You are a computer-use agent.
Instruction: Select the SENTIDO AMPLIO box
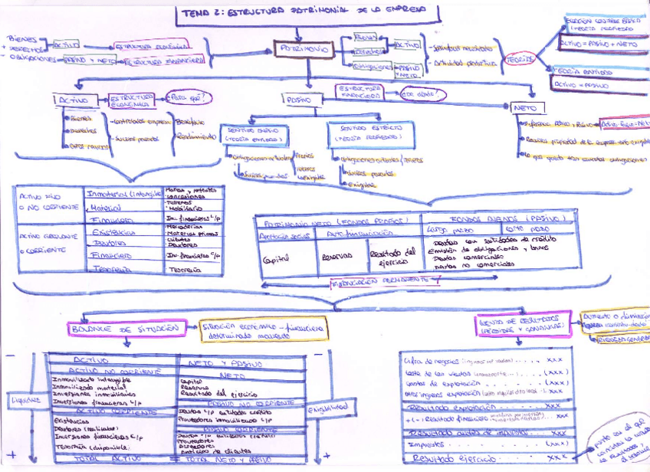point(254,136)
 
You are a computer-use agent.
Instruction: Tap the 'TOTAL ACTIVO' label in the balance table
point(107,457)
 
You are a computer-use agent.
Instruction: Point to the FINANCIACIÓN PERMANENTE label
point(373,282)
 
